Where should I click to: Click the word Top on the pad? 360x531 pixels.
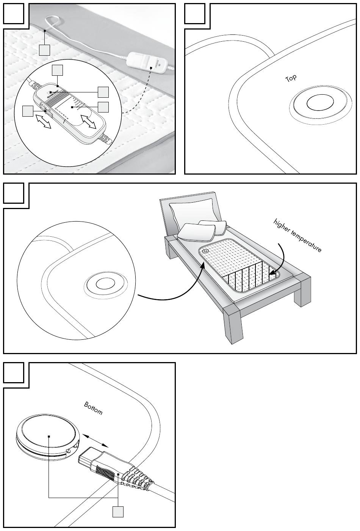(x=291, y=78)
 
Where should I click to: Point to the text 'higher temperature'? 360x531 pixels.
(x=297, y=235)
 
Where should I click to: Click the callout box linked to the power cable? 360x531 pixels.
(x=45, y=50)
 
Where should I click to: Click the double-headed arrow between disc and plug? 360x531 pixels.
(x=96, y=441)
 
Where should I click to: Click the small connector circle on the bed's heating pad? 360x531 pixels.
(x=205, y=251)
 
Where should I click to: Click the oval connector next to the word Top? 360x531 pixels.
(x=320, y=103)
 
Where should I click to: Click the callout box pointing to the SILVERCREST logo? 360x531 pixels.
(x=57, y=70)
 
